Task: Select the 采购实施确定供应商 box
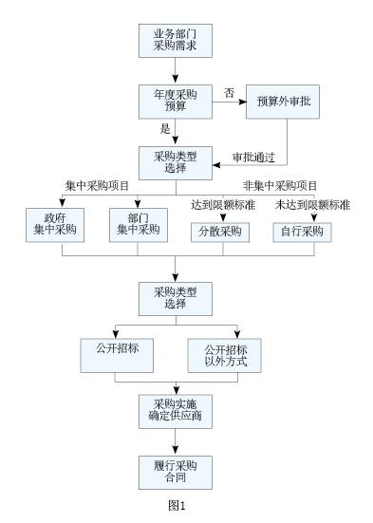(175, 410)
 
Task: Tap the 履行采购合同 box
(175, 472)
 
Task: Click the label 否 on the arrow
(229, 91)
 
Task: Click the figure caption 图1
(176, 505)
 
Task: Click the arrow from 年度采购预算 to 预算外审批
(228, 102)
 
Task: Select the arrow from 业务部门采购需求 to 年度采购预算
(175, 69)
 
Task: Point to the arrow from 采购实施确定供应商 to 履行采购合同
(175, 441)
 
